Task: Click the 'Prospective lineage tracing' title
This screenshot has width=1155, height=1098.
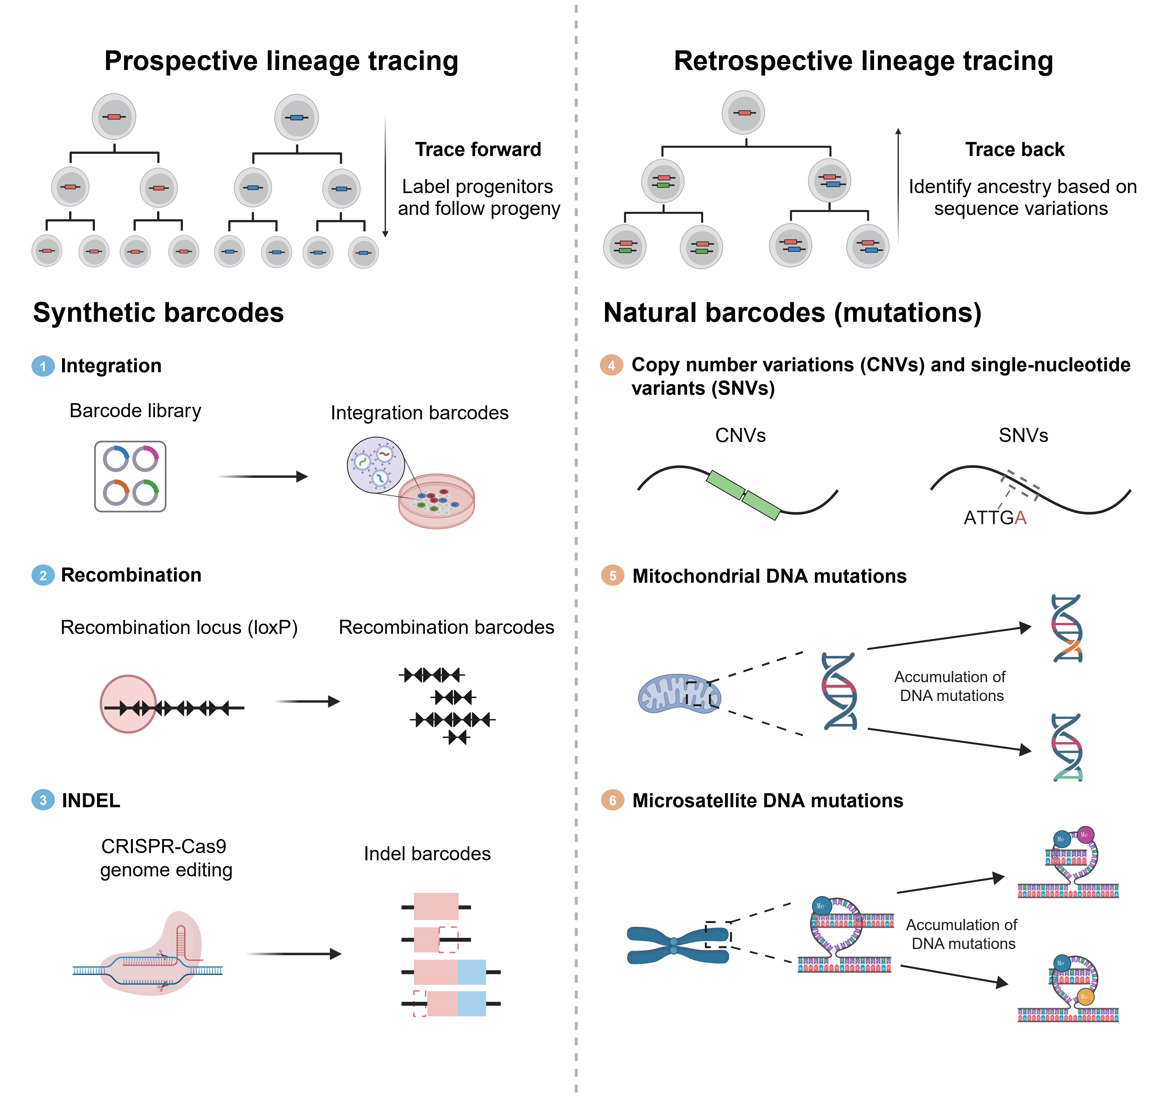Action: coord(281,61)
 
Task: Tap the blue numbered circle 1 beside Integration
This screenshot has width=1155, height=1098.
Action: coord(43,366)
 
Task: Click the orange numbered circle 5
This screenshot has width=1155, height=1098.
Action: coord(612,576)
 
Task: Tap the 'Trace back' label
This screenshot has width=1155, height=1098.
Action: coord(1015,150)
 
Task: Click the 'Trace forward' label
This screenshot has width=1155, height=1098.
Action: coord(478,150)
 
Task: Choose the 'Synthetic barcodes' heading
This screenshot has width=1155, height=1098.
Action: coord(158,312)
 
